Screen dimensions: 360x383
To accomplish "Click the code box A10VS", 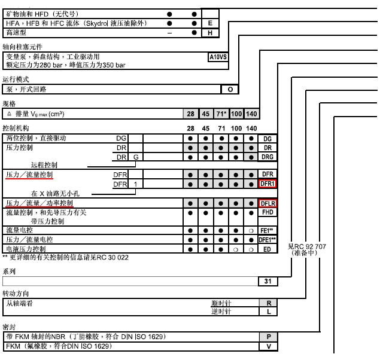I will [x=217, y=57].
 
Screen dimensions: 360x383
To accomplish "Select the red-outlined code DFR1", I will [x=268, y=184].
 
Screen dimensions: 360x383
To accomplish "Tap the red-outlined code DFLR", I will [x=268, y=203].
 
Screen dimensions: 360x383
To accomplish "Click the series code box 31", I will [x=268, y=281].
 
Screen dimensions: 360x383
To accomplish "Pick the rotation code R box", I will [x=268, y=303].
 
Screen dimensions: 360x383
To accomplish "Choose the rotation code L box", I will [x=268, y=312].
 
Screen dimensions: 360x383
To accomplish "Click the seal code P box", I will [x=268, y=337].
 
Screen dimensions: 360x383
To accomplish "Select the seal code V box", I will [x=268, y=346].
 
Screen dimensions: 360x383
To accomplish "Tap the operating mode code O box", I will [x=230, y=90].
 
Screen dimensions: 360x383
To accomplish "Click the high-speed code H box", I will [x=210, y=33].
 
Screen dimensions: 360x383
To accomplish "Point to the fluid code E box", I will [x=210, y=23].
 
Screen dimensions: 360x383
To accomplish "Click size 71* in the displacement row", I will [x=221, y=114].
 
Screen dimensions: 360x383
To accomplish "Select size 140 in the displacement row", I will [x=251, y=114].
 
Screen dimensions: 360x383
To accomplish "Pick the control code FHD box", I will [x=268, y=212].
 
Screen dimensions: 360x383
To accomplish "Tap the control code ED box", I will [x=268, y=249].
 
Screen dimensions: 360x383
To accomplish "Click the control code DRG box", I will [x=268, y=157].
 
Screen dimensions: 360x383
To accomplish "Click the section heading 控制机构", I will [x=16, y=129].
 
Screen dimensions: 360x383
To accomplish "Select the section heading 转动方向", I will [x=16, y=294].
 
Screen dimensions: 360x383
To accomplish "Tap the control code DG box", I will [x=268, y=139].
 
